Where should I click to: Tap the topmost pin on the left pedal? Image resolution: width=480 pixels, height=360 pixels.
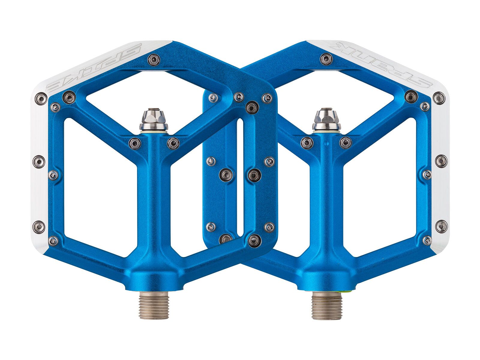point(154,59)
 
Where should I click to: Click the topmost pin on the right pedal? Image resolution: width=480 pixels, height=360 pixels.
point(326,59)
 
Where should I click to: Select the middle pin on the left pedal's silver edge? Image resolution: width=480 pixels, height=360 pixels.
point(39,162)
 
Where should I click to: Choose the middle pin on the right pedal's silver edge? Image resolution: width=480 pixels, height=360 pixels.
point(441,161)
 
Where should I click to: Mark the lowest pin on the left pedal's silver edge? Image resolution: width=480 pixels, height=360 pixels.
point(39,226)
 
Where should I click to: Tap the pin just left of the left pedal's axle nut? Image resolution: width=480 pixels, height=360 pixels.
point(134,143)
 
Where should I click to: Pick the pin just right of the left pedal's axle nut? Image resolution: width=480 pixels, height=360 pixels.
point(173,143)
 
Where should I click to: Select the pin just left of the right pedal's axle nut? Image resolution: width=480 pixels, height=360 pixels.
point(307,143)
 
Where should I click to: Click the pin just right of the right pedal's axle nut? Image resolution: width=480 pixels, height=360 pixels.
point(345,143)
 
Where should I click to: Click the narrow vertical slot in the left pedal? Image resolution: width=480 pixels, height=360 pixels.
point(240,177)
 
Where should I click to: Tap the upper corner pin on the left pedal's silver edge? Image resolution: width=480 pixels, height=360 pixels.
point(41,98)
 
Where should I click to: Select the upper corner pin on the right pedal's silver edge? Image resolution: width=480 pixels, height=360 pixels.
point(439,98)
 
